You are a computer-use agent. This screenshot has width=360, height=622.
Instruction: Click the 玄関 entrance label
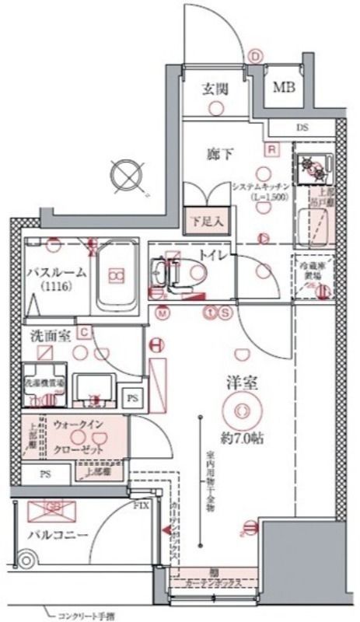tap(215, 89)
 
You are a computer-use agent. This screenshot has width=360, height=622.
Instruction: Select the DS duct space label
tap(302, 128)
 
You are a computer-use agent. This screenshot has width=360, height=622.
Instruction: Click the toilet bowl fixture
tap(192, 274)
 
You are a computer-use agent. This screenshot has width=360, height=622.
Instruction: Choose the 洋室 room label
tap(241, 384)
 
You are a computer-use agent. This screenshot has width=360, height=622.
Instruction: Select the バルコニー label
tap(57, 535)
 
